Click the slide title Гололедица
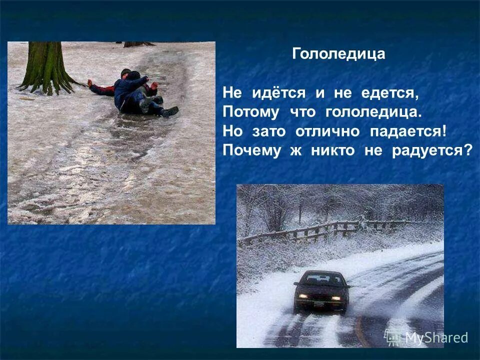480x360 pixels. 338,54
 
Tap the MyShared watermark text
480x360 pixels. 435,337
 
